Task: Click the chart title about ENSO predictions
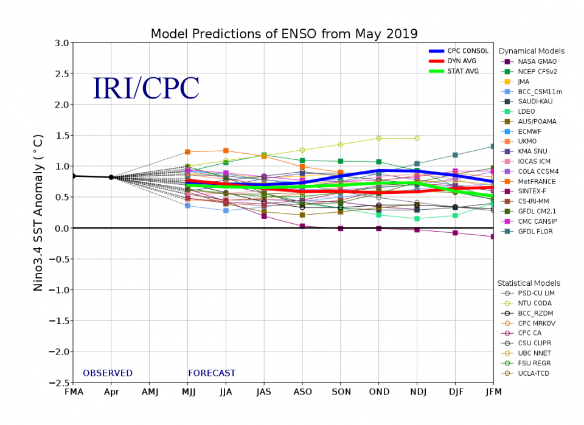click(x=284, y=33)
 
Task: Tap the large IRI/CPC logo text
click(x=145, y=89)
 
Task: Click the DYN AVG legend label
click(x=457, y=61)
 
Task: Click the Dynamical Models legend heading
click(x=531, y=51)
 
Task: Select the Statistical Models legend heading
click(x=529, y=283)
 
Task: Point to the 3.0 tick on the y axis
click(x=60, y=43)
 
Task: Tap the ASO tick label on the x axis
click(x=302, y=392)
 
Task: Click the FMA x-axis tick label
click(x=73, y=392)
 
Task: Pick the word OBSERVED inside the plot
click(x=108, y=373)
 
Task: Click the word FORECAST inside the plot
click(x=212, y=373)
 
